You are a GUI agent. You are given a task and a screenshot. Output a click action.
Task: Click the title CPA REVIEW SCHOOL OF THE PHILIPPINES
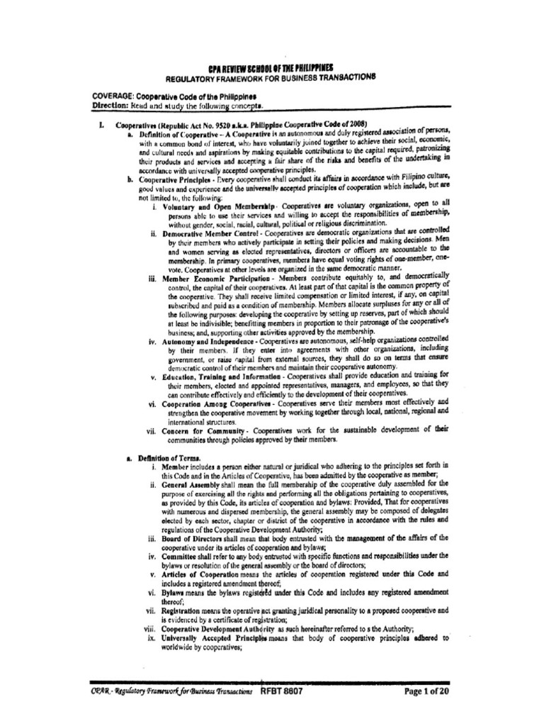[x=272, y=65]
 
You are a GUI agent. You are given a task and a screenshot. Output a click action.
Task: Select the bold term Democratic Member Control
[x=209, y=233]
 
